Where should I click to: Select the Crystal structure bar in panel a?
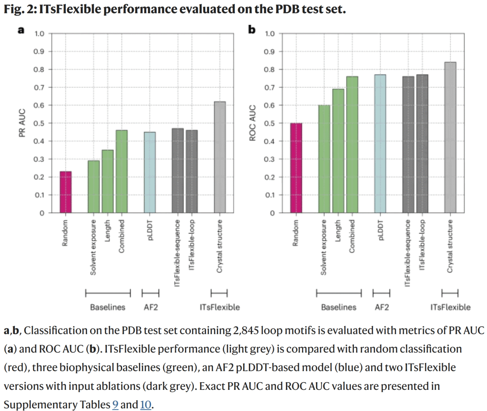[220, 157]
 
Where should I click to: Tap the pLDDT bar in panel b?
[380, 144]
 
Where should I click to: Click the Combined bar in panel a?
[122, 172]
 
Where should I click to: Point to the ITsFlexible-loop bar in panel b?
[422, 144]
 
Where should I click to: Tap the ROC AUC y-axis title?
[253, 123]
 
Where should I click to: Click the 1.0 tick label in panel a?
[40, 34]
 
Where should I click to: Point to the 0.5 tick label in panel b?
[270, 123]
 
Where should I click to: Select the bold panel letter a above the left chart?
[21, 30]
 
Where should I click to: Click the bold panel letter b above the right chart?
[252, 30]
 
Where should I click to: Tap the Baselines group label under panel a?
[108, 307]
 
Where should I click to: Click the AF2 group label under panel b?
[381, 307]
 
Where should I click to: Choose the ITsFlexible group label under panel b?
[450, 307]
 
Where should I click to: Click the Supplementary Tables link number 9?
[115, 405]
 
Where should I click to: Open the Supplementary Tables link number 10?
[145, 405]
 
